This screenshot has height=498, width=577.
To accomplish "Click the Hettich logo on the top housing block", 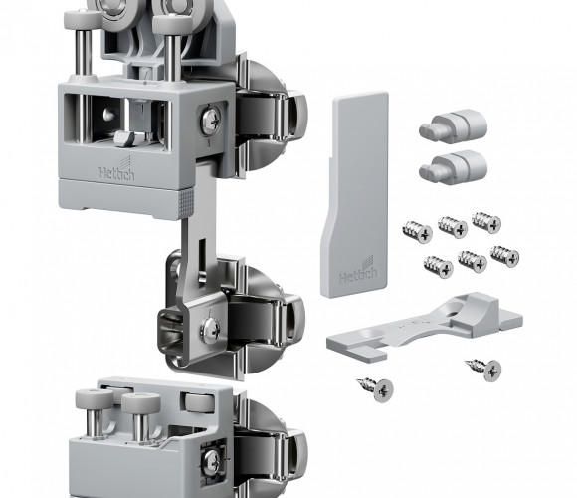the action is (117, 169).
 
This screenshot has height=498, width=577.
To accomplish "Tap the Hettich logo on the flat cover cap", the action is (358, 271).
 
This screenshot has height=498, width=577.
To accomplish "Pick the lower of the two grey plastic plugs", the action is (453, 167).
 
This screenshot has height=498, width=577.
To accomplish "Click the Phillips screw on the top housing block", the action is (211, 120).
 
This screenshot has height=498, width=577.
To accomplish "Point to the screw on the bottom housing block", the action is (212, 461).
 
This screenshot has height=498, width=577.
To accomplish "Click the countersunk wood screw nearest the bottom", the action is (376, 389).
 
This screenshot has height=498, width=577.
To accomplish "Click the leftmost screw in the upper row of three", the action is (417, 232).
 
